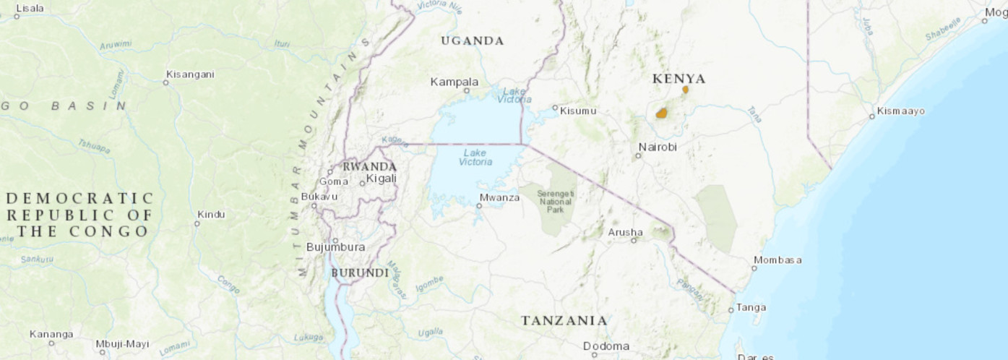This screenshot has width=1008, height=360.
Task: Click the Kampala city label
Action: click(454, 82)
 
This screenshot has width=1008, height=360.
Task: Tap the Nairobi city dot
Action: click(639, 155)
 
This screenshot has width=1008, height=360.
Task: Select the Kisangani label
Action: click(190, 74)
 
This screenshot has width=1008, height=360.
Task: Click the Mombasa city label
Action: click(777, 260)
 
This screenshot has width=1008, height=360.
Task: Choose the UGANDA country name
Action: click(472, 40)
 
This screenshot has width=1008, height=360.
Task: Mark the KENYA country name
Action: click(679, 79)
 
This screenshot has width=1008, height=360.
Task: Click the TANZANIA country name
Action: click(564, 320)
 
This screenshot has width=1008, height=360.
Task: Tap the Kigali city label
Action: click(381, 179)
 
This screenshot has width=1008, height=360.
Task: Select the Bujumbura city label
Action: click(335, 247)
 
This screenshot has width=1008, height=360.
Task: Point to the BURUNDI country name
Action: click(360, 273)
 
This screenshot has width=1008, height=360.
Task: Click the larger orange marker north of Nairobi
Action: click(661, 113)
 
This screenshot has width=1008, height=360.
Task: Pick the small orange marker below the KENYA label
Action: click(685, 90)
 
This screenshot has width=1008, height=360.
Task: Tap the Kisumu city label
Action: click(579, 111)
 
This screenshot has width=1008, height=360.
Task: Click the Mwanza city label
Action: click(500, 197)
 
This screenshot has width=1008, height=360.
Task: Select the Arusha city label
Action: click(625, 232)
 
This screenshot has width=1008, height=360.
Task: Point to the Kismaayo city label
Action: click(900, 111)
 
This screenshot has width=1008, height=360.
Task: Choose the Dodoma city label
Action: click(606, 346)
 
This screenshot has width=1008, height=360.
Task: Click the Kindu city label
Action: click(211, 214)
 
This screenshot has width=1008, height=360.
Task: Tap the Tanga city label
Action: click(751, 307)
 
